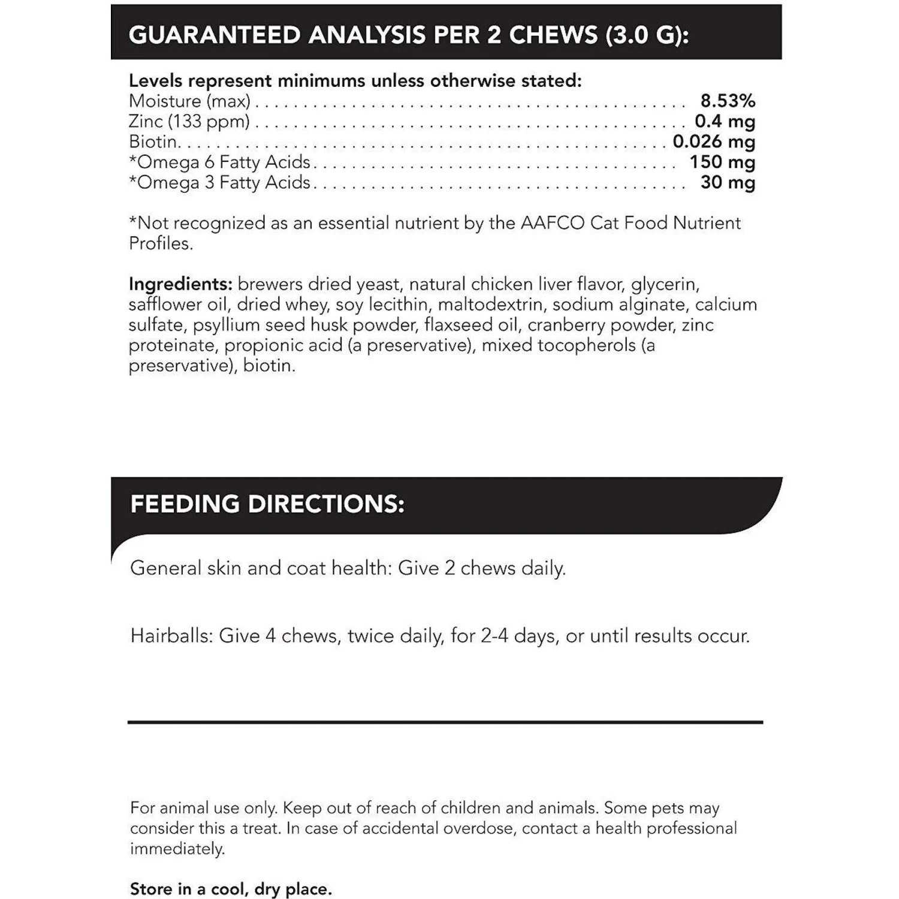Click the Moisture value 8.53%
(727, 101)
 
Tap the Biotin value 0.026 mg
(713, 141)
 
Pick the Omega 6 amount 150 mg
(722, 162)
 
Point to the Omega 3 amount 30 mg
(727, 182)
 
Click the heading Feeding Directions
(267, 504)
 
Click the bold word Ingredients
(180, 283)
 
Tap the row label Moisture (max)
(189, 101)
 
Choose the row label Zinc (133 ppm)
(189, 121)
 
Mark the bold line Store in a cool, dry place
(231, 889)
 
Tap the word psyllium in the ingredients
(230, 325)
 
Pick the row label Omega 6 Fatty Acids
(219, 162)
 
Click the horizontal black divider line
(445, 722)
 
